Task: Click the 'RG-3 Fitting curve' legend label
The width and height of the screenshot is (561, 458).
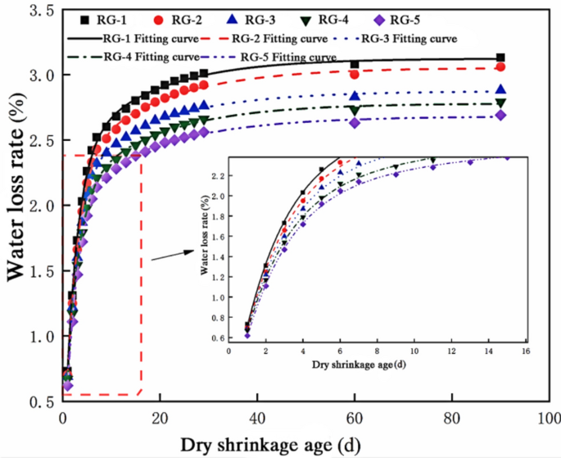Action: click(x=409, y=39)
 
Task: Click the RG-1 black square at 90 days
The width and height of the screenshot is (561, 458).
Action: click(x=500, y=58)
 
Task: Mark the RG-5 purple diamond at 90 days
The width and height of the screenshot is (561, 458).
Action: click(x=500, y=116)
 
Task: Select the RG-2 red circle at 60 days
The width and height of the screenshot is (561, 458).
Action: click(x=355, y=75)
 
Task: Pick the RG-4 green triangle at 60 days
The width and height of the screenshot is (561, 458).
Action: click(x=355, y=110)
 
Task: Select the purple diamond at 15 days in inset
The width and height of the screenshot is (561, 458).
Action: click(x=506, y=157)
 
